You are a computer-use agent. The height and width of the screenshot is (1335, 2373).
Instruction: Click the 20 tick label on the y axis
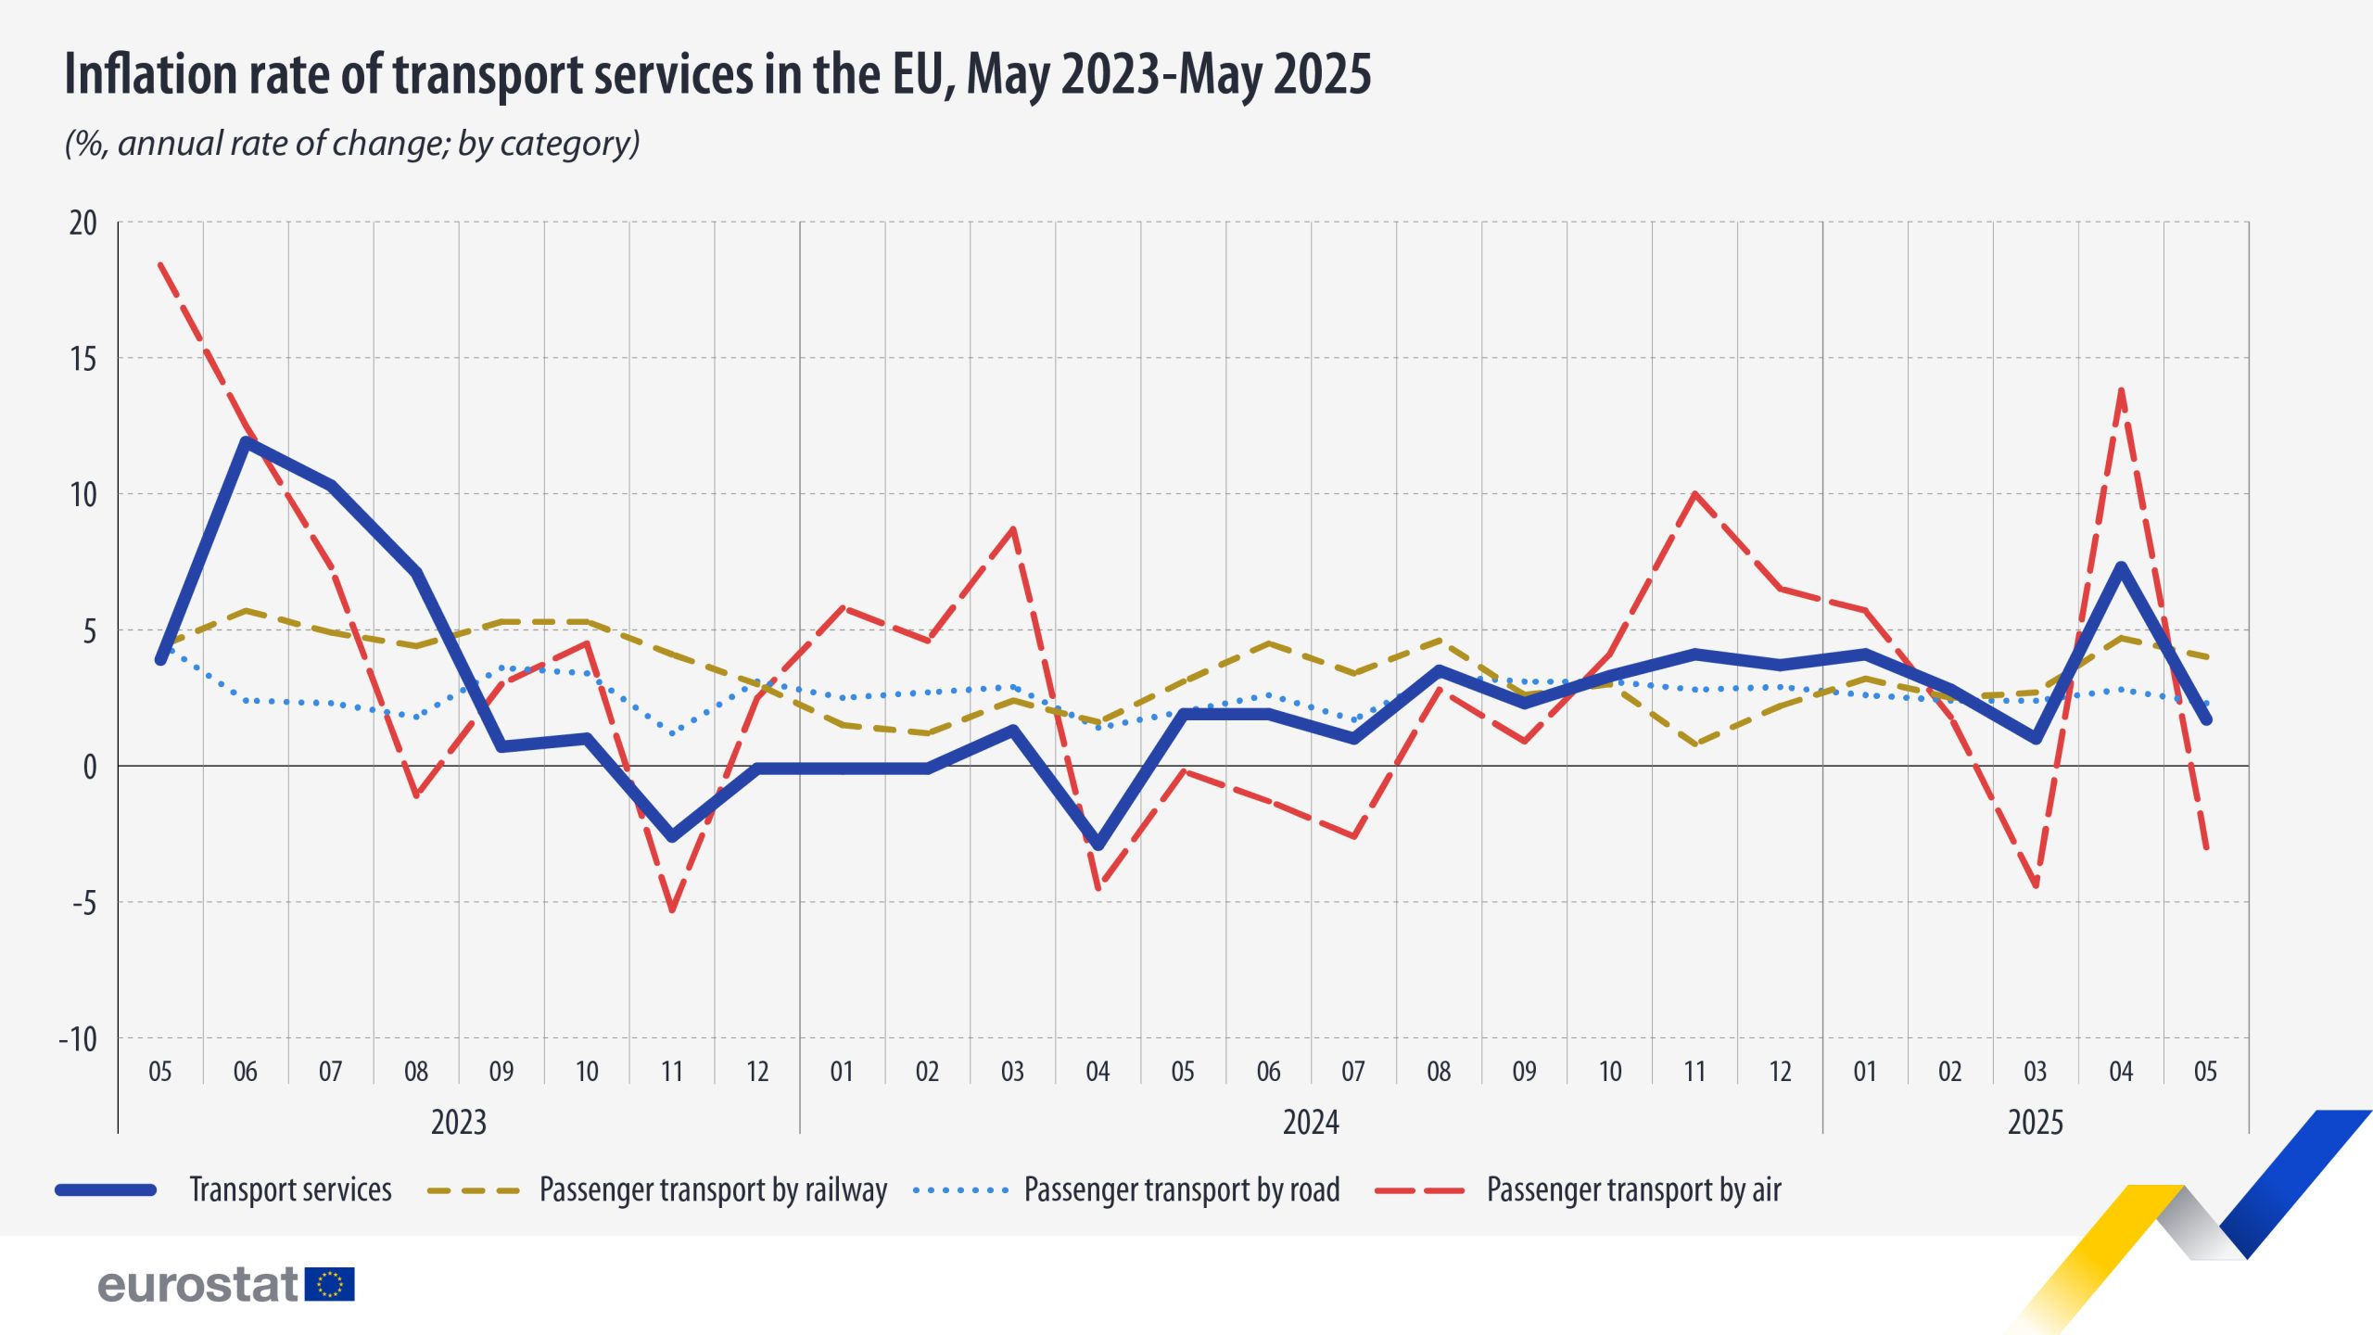82,223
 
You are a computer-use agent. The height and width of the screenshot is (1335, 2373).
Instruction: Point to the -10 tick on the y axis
78,1039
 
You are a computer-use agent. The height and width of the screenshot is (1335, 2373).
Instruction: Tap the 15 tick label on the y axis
82,359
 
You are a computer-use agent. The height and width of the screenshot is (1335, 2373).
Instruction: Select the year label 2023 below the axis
458,1123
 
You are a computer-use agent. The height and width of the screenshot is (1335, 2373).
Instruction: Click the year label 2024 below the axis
1310,1123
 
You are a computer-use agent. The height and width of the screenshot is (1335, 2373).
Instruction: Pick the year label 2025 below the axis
2035,1123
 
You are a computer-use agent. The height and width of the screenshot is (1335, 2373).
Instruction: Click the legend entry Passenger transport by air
1632,1189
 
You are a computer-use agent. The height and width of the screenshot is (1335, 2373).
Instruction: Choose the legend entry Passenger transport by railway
712,1189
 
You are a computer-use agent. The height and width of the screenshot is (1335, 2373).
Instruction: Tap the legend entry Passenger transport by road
1181,1189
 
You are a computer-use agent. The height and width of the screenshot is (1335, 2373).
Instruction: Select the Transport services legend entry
289,1189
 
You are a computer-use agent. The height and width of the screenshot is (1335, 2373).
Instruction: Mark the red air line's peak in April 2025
2121,390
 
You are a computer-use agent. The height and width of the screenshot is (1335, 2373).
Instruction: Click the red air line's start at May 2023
160,264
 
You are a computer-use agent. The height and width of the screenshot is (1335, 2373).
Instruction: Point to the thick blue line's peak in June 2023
246,441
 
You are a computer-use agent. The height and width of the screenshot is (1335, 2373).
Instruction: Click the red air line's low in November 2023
672,909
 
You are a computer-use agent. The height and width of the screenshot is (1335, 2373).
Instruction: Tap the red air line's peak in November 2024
1694,493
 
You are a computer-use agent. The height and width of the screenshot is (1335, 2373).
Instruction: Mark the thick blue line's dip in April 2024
1098,845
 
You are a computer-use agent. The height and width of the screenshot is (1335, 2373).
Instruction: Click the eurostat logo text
197,1285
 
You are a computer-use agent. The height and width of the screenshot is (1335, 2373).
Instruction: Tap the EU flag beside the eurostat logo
329,1285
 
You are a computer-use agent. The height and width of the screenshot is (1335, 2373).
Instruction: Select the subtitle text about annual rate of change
352,144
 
